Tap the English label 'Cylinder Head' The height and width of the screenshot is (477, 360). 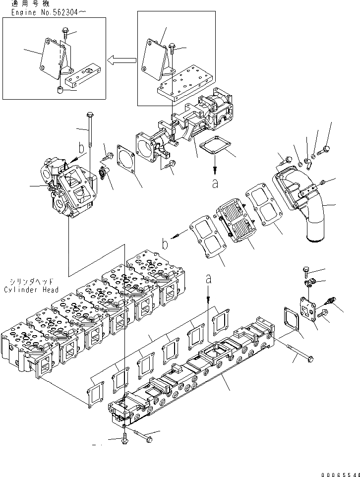31,290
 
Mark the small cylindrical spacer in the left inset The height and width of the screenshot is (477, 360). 60,90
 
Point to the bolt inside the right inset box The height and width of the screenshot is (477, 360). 172,48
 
